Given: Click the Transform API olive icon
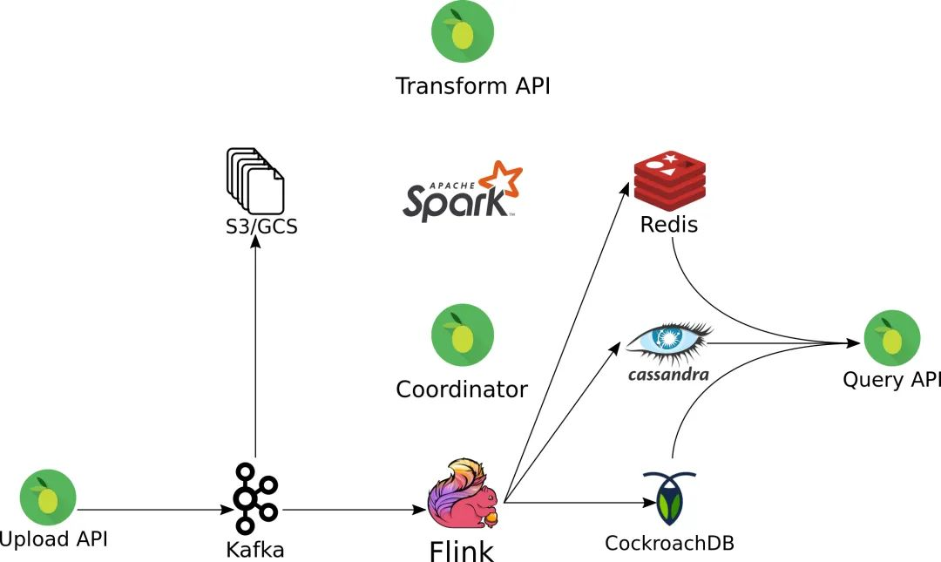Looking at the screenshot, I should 463,31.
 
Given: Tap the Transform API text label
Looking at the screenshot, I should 472,86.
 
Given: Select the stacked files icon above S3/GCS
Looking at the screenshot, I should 255,181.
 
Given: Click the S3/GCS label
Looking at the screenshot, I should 256,227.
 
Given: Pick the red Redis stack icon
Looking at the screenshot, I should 669,179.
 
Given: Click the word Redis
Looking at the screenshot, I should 669,224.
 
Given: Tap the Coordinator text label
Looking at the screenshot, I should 462,389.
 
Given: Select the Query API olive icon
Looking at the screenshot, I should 891,338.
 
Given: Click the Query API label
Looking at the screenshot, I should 891,380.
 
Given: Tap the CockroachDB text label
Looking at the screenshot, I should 669,543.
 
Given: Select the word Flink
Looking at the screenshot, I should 461,550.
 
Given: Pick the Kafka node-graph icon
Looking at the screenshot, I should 254,498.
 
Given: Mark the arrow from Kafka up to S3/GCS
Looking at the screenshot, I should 255,349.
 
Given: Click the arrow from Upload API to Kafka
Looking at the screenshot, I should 148,509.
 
